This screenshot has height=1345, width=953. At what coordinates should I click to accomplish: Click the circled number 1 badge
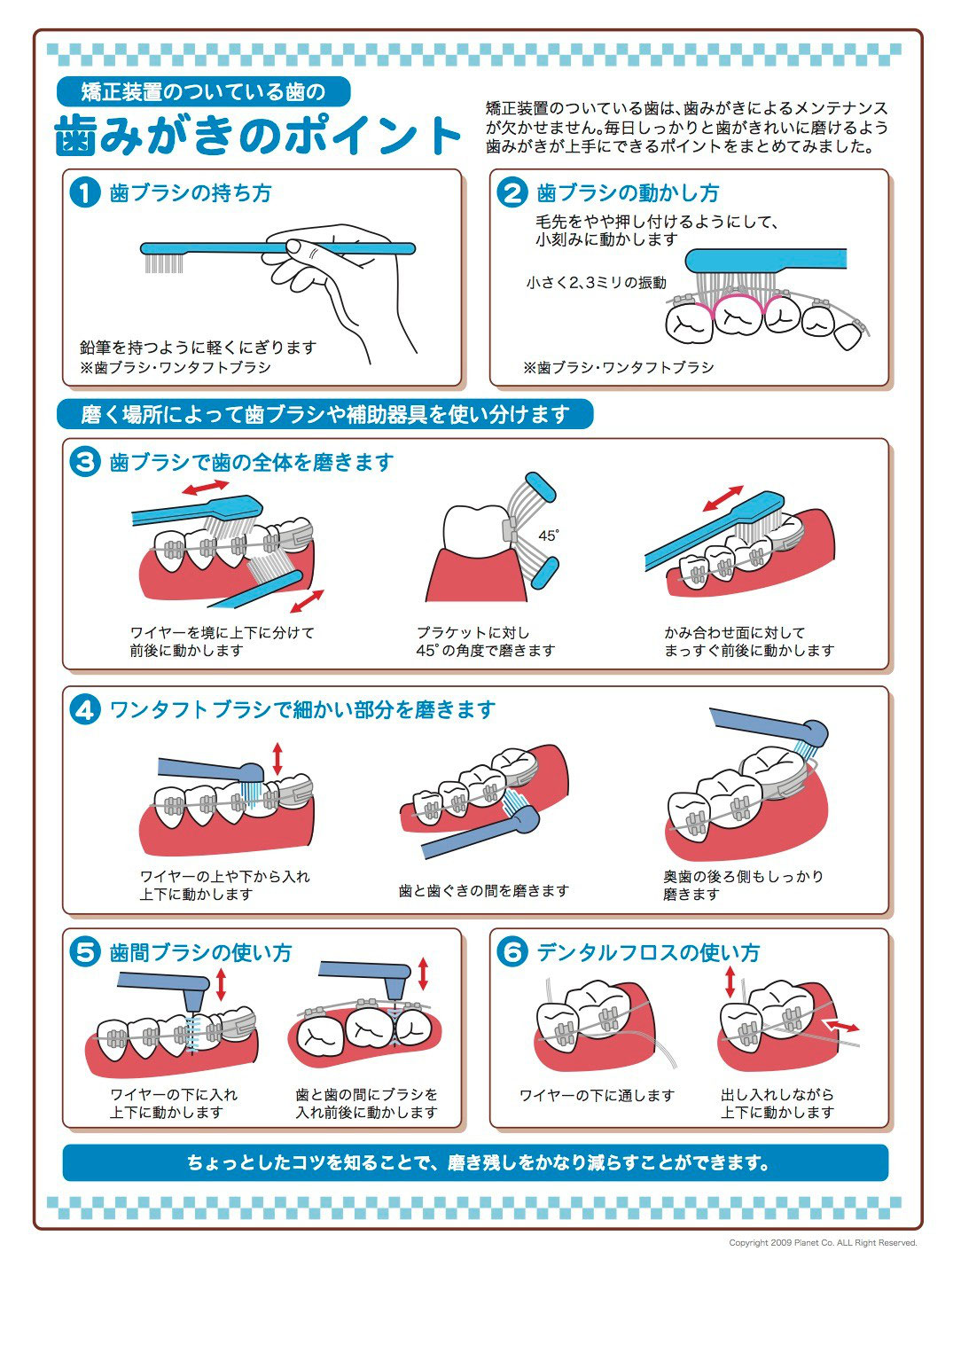click(x=84, y=192)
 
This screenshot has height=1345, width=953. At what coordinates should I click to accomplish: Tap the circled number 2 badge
click(x=512, y=192)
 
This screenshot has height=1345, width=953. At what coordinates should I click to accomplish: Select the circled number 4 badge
click(x=84, y=709)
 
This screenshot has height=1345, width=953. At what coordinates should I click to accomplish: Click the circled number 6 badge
click(x=512, y=952)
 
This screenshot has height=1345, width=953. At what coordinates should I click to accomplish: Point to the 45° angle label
click(x=549, y=536)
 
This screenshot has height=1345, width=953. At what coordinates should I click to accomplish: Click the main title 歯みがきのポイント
click(x=257, y=136)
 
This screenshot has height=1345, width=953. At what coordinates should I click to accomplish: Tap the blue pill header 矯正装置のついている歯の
click(x=203, y=91)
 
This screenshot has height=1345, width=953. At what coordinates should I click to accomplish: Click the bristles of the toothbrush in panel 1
click(x=163, y=263)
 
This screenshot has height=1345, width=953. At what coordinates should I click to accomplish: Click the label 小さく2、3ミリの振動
click(x=596, y=283)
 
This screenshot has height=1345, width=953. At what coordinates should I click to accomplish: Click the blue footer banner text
click(x=476, y=1162)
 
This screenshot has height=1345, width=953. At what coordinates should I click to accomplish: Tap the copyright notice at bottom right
click(x=822, y=1243)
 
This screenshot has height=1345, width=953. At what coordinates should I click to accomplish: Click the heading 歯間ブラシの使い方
click(x=200, y=952)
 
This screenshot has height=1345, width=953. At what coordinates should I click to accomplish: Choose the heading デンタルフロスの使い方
click(x=648, y=952)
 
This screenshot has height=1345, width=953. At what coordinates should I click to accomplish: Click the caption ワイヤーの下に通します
click(x=597, y=1095)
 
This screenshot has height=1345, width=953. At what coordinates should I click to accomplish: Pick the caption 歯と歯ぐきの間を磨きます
click(x=483, y=890)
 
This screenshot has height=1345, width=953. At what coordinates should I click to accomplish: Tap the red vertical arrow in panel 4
click(x=277, y=759)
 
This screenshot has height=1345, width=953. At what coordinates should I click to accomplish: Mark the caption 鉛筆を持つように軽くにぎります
click(x=198, y=348)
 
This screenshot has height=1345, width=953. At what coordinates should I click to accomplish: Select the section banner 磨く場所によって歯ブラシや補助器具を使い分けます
click(x=324, y=414)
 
